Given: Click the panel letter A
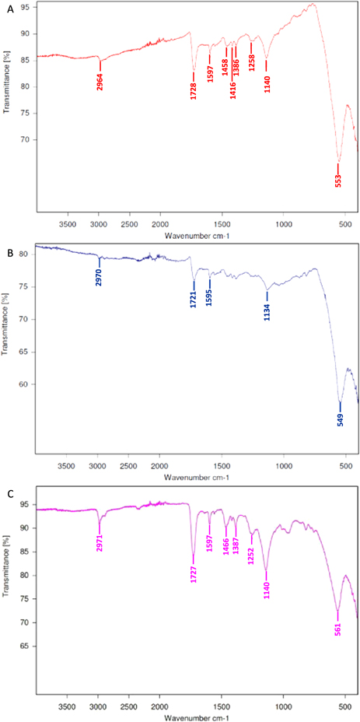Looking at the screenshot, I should [x=7, y=7].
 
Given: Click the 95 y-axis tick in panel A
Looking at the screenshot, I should [x=24, y=7].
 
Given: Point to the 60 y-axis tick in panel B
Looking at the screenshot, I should [x=24, y=384].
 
